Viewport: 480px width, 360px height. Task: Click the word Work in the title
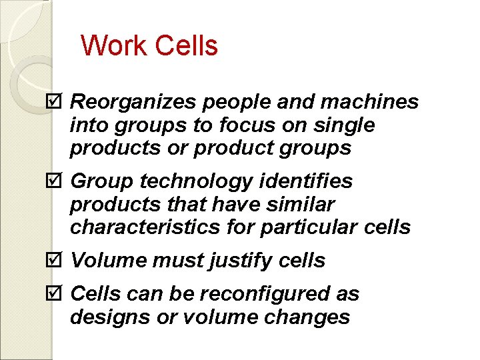114,46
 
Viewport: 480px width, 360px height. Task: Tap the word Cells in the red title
186,46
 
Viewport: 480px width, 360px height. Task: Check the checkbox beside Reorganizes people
56,102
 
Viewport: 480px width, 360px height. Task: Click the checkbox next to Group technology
56,181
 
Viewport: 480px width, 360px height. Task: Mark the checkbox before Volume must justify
56,261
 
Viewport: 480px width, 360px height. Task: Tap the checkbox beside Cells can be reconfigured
56,294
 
